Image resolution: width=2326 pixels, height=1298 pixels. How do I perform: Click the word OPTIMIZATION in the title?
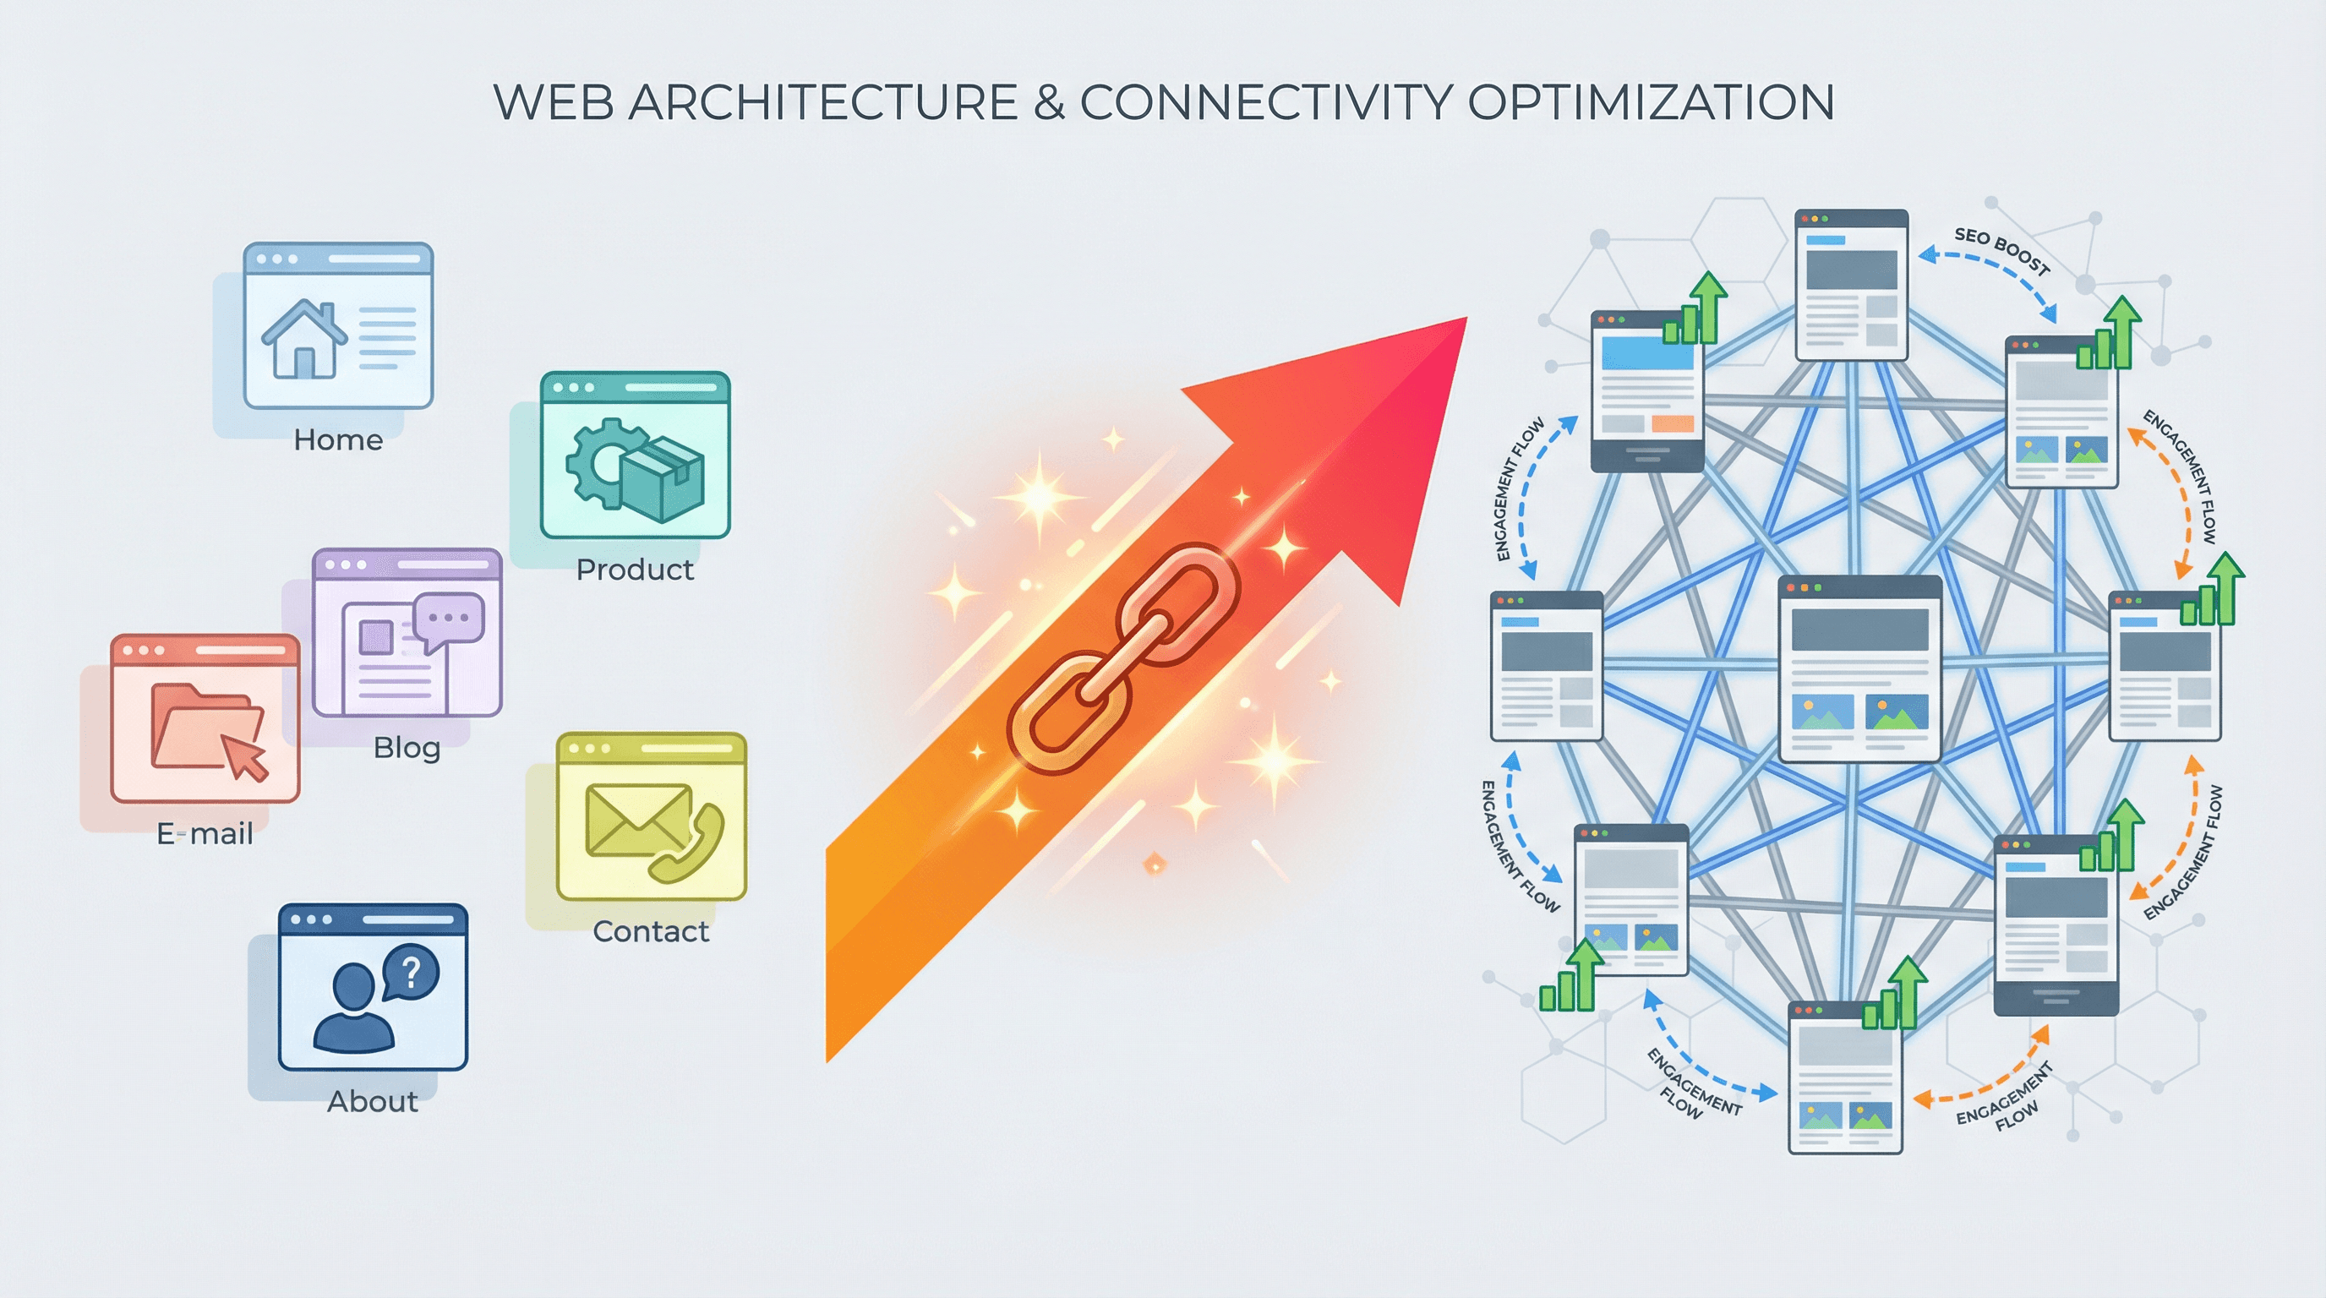[1651, 102]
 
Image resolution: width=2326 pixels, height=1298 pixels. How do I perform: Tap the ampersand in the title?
[1048, 102]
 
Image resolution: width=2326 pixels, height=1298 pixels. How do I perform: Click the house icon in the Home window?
[303, 339]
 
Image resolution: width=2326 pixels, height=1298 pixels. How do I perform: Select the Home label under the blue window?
[338, 440]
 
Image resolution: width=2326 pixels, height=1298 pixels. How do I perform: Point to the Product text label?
[635, 570]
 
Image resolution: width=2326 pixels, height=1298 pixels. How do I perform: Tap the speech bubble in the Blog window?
[449, 620]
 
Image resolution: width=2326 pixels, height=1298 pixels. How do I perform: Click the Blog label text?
[407, 747]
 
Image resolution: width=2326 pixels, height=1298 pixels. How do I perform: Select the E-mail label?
[205, 833]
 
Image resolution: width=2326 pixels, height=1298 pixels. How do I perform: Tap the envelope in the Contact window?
[637, 820]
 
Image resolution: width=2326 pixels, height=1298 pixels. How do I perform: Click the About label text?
[372, 1101]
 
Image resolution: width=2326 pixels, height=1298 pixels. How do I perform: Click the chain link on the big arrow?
[1123, 658]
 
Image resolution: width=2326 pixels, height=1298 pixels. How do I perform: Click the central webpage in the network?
[1859, 668]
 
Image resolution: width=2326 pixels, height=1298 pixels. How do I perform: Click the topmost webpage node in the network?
[1851, 286]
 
